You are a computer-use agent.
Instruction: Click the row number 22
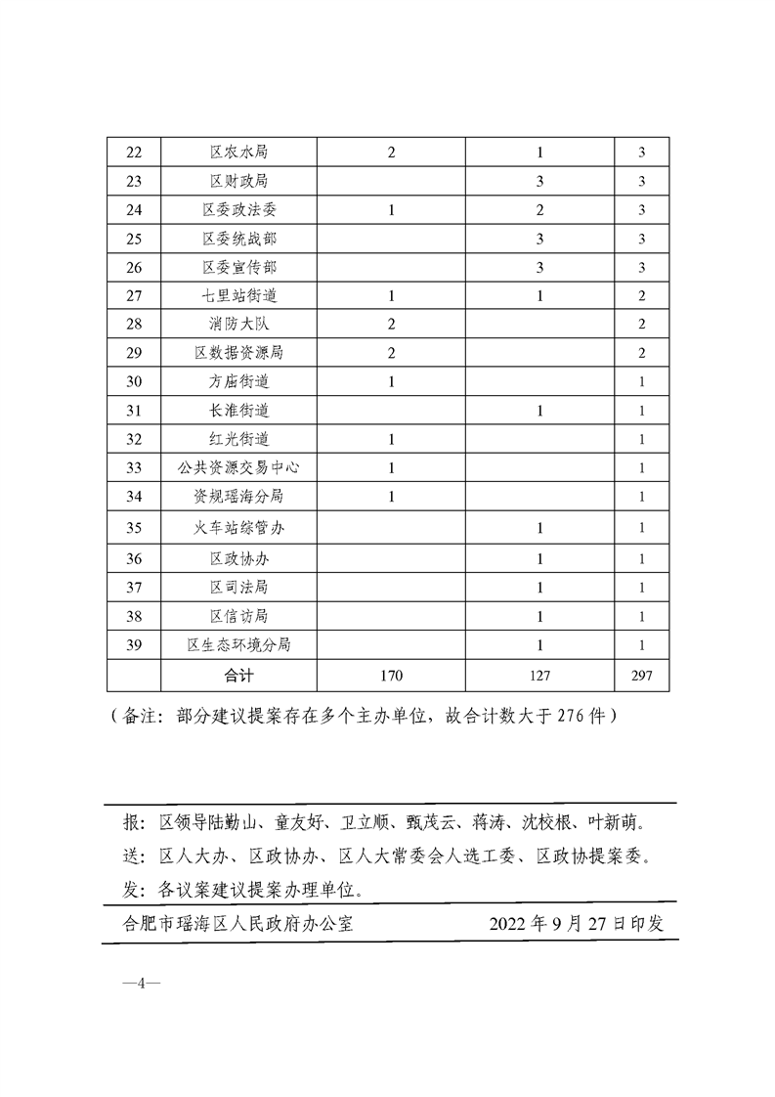point(134,153)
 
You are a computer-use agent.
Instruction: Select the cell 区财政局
point(239,181)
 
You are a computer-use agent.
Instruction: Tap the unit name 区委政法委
point(239,209)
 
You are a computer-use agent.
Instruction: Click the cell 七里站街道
point(239,295)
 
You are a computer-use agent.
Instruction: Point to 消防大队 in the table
point(239,324)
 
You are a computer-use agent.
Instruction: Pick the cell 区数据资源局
point(239,352)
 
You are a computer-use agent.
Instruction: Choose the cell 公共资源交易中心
point(239,467)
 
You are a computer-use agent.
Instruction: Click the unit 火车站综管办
point(239,528)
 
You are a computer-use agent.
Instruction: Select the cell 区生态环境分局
point(239,644)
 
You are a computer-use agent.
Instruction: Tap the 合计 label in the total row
point(239,675)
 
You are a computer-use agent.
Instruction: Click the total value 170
point(391,675)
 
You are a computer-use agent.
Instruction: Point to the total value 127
point(539,675)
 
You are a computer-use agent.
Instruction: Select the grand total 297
point(641,675)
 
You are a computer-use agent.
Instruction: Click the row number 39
point(134,644)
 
